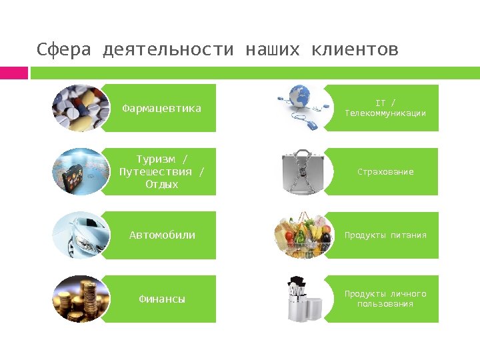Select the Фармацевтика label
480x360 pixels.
pyautogui.click(x=162, y=108)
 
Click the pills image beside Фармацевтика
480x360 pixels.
pyautogui.click(x=80, y=108)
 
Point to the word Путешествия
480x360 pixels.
pyautogui.click(x=162, y=171)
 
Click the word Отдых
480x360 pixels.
pyautogui.click(x=162, y=184)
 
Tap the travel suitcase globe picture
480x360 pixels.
pyautogui.click(x=80, y=171)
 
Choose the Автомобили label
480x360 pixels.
pyautogui.click(x=162, y=235)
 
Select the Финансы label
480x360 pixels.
pyautogui.click(x=162, y=299)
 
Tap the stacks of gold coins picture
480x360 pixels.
pyautogui.click(x=80, y=299)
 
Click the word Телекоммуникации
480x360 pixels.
pyautogui.click(x=385, y=113)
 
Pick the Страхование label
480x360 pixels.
pyautogui.click(x=385, y=172)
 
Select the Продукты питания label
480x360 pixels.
pyautogui.click(x=385, y=235)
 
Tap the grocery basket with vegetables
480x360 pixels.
pyautogui.click(x=303, y=235)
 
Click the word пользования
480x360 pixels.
pyautogui.click(x=385, y=304)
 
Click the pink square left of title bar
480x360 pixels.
pyautogui.click(x=13, y=72)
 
